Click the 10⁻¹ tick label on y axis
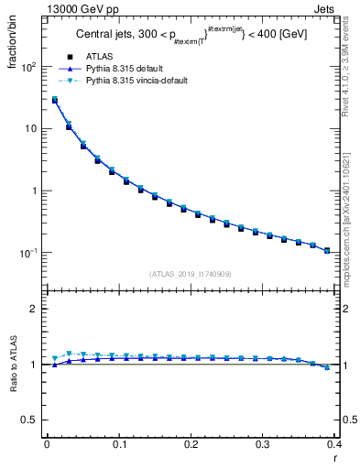[x=27, y=253]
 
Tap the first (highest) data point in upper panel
[x=54, y=101]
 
